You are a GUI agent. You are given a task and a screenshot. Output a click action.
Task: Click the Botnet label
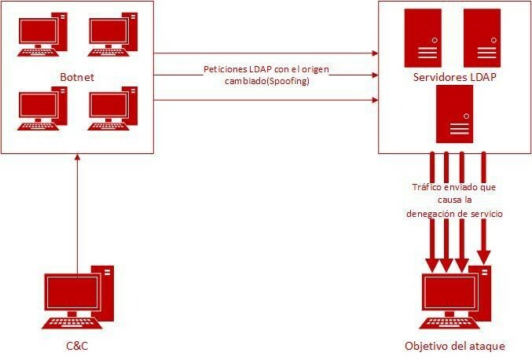(x=78, y=76)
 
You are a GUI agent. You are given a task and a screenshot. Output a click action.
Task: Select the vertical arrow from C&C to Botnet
(x=78, y=212)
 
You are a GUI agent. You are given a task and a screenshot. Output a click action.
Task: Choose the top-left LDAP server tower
(x=421, y=37)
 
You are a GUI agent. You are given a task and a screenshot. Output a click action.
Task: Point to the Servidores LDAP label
(x=453, y=77)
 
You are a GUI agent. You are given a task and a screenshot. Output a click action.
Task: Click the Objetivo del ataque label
(x=454, y=346)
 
